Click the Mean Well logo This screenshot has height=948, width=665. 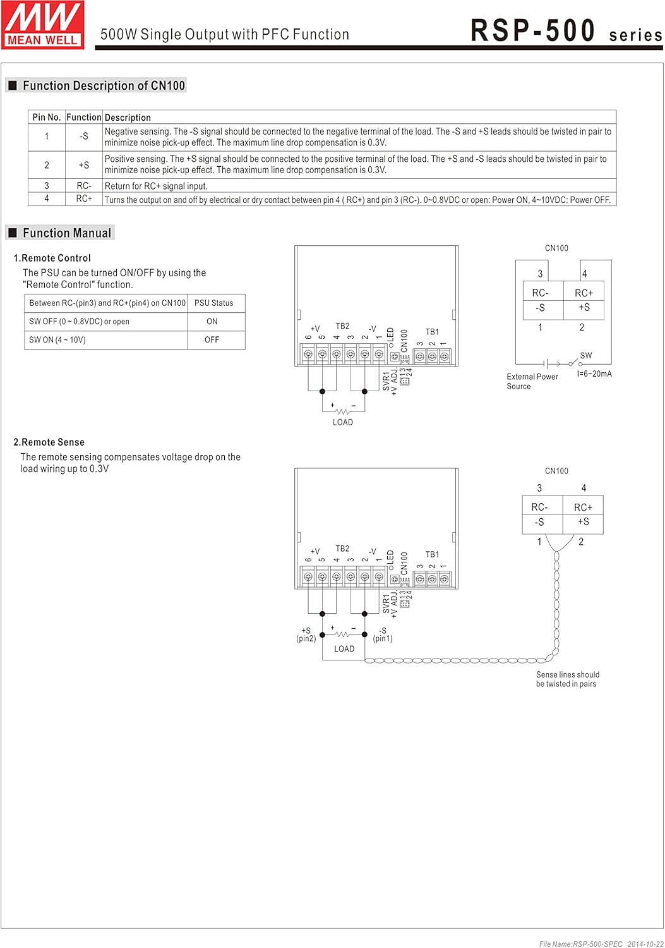tap(43, 25)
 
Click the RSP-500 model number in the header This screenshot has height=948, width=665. tap(533, 30)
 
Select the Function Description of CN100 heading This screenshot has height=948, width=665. tap(104, 85)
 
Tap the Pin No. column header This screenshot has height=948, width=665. tap(47, 117)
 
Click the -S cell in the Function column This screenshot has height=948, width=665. tap(84, 137)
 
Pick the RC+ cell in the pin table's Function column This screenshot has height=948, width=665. tap(84, 198)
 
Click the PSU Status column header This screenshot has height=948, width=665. tap(213, 303)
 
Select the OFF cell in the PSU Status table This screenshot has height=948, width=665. tap(212, 339)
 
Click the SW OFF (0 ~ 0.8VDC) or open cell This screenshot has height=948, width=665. tap(79, 321)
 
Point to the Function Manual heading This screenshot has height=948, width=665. tap(67, 233)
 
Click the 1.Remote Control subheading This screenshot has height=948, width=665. tap(52, 258)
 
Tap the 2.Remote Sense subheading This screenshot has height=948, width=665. tap(49, 442)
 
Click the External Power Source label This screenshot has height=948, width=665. tap(532, 381)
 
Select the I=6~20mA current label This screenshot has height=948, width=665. tap(594, 374)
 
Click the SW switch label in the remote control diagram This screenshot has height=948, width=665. tap(586, 355)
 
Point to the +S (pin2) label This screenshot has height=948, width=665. tap(306, 635)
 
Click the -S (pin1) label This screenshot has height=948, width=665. tap(383, 635)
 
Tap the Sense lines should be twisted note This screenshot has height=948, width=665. tap(567, 679)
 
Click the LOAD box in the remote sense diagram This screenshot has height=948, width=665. tap(344, 649)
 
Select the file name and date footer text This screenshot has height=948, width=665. tap(601, 944)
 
